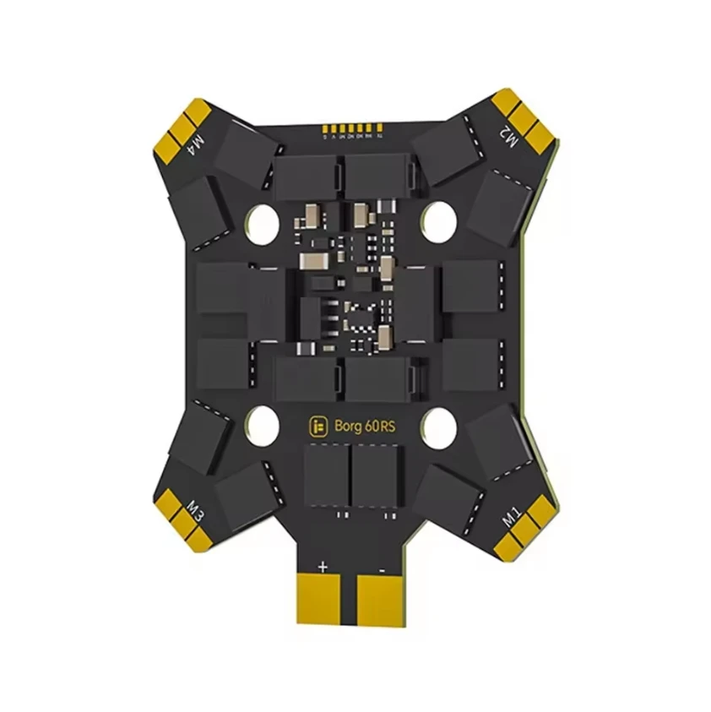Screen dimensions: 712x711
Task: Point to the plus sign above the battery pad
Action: pos(322,566)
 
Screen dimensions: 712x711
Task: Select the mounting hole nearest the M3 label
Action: pos(263,425)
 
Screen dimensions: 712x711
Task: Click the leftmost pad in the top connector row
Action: pos(321,129)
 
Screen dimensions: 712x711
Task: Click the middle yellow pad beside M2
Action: pos(524,117)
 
